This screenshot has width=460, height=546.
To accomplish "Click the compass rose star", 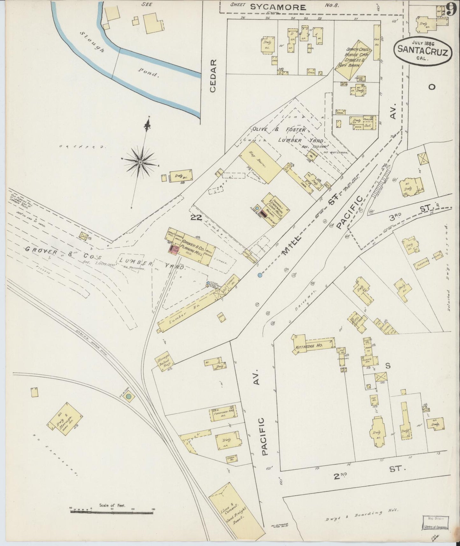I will click(140, 162).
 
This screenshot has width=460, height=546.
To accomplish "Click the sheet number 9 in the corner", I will click(451, 9).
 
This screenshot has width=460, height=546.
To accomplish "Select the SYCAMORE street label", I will click(277, 7).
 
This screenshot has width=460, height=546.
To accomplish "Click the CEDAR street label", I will click(213, 75).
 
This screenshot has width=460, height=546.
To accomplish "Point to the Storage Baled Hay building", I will click(164, 361).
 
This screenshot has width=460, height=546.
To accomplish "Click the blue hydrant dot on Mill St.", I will click(260, 275).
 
